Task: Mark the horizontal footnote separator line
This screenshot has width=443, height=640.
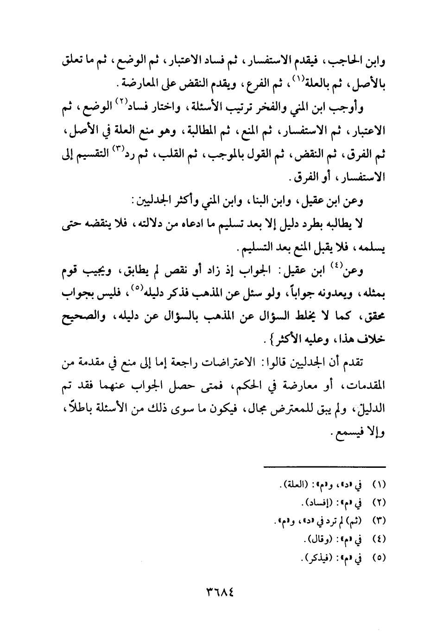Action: (324, 466)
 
